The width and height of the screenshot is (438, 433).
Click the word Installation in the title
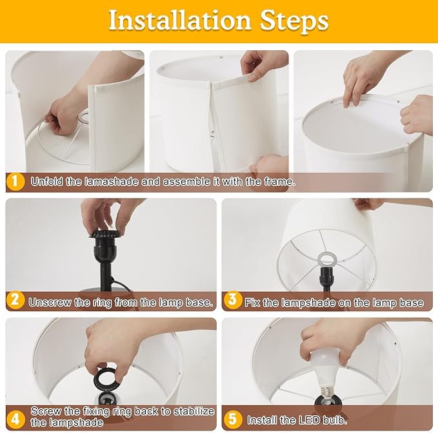[180, 21]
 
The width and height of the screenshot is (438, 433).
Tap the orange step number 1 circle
[15, 182]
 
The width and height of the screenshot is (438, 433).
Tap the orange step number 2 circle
[15, 300]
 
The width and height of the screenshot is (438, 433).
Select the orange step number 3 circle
[232, 300]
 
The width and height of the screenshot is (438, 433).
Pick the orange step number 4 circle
[15, 419]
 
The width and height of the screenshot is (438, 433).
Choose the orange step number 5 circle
[232, 419]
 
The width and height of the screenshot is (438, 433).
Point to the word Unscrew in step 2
[50, 303]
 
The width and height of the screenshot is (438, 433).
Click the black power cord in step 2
[121, 285]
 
